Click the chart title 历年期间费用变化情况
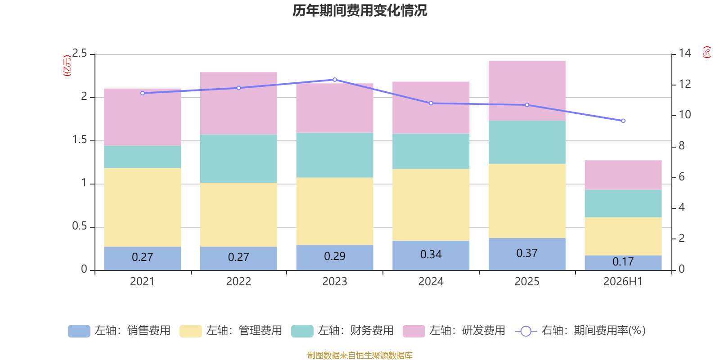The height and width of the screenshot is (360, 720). pos(360,11)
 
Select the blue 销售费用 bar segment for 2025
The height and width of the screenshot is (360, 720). pos(527,254)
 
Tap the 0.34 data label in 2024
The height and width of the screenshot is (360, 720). pos(431,255)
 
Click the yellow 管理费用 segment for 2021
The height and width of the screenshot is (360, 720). pos(142,207)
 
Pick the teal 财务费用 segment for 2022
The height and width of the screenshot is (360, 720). pos(238,158)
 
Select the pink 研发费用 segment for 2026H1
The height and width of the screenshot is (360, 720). pos(623,175)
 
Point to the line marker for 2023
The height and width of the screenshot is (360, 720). pos(335,79)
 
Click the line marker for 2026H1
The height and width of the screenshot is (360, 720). pos(623,121)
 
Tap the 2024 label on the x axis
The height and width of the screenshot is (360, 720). pos(431,282)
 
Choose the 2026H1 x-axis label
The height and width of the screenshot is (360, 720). pos(623,282)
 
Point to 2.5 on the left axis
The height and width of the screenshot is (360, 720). pos(80,53)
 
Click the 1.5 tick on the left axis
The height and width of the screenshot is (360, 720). pos(80,139)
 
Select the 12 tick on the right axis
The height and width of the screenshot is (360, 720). pos(684,84)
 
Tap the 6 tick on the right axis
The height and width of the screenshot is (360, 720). pos(682,177)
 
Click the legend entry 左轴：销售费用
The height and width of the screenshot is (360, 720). pos(119,331)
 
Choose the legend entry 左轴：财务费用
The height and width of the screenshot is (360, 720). pos(342,331)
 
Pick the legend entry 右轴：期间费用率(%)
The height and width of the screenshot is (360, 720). pos(580,331)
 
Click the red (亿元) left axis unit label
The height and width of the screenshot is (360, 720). pos(67,66)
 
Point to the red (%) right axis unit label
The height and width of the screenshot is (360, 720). pos(706,52)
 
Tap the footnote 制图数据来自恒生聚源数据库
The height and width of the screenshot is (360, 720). pos(360,355)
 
